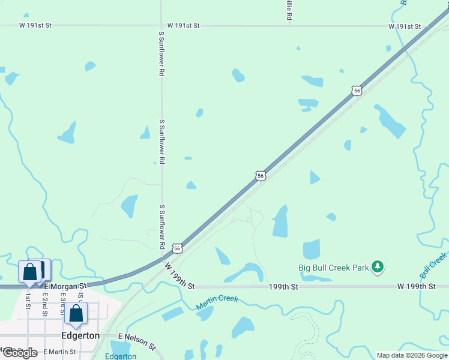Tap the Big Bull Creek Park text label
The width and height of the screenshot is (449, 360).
[334, 268]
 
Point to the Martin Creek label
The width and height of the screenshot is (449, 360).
[217, 303]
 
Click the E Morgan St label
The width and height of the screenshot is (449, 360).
[65, 286]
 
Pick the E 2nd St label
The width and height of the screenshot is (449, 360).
[44, 306]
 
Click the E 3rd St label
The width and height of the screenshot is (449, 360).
[61, 306]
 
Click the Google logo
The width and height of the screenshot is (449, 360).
[19, 352]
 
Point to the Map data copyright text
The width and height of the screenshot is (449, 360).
[411, 355]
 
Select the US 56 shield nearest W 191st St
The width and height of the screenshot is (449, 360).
[357, 91]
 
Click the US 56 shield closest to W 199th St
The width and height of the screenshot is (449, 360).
[177, 248]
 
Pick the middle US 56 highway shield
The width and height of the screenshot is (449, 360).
[260, 175]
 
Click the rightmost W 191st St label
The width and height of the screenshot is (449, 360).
[405, 26]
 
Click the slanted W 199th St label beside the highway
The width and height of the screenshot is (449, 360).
[179, 274]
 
